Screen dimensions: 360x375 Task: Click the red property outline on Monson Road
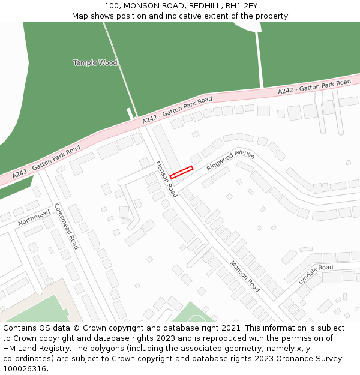coord(181,172)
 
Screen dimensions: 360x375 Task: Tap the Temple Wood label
coord(95,62)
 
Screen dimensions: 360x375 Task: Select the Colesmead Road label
coord(67,226)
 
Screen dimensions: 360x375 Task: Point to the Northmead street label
coord(34,218)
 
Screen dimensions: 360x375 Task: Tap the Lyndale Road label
coord(316,274)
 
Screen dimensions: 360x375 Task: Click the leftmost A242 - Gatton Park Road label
coord(46,161)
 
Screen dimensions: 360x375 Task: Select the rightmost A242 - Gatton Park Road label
coord(314,86)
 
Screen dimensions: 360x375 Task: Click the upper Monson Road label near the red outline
coord(167,179)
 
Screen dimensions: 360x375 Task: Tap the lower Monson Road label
coord(245,277)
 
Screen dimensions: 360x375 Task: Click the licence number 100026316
coord(25,369)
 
